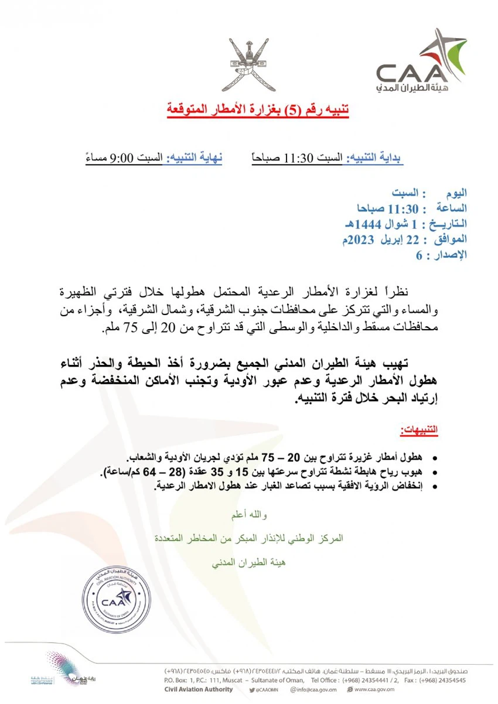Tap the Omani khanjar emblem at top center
click(x=248, y=64)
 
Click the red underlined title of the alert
click(x=249, y=110)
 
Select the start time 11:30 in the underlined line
click(x=299, y=159)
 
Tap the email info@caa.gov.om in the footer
click(x=317, y=690)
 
